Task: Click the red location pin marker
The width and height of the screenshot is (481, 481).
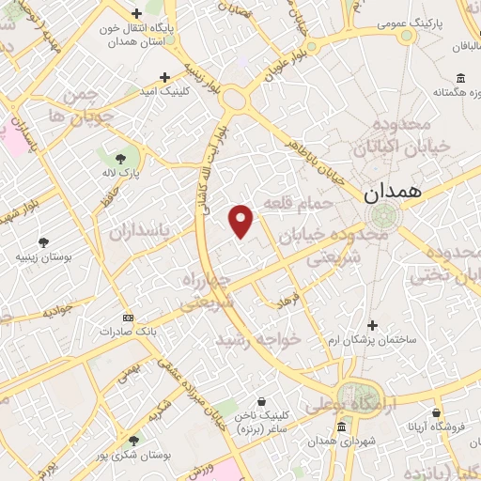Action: point(241,219)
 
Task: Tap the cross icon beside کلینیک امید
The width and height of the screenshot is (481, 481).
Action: point(164,77)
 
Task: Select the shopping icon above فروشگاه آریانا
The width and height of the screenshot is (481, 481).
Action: point(437,411)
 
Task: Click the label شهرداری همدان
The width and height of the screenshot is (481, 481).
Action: point(335,441)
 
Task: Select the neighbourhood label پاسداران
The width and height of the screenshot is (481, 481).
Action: point(141,231)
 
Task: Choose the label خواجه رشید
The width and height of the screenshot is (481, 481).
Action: point(258,338)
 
